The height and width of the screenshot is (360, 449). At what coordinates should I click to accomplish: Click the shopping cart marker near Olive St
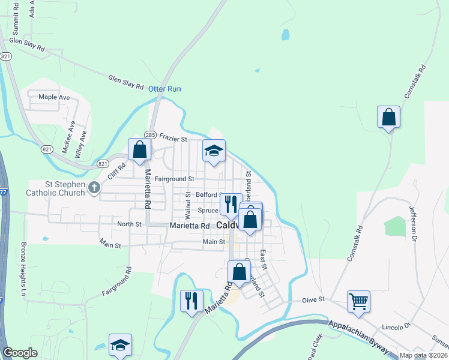coord(358,301)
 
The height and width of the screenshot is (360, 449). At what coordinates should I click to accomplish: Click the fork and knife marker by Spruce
coord(231,204)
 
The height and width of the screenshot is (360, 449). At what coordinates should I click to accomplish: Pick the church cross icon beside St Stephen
coord(94,188)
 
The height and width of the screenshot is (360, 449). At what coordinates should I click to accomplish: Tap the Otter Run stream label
coord(164,89)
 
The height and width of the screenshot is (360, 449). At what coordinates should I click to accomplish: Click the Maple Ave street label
coord(54,97)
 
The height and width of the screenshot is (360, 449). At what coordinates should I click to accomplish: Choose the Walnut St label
coord(188,205)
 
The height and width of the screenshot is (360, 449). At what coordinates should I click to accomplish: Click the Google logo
coord(20,353)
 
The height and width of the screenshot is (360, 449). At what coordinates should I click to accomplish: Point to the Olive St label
coord(313,299)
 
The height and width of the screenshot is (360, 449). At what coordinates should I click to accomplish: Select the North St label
coord(129,224)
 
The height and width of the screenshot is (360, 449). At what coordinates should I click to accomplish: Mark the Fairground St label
coord(174,179)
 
